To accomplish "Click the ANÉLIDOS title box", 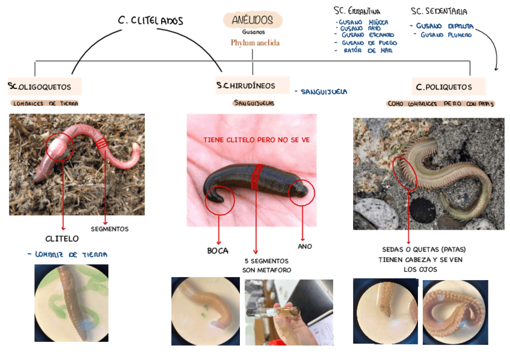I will click(x=253, y=20).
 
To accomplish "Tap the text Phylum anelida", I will click(x=255, y=43).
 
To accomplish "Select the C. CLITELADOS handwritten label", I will click(x=150, y=21).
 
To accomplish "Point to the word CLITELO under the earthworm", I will click(x=62, y=239).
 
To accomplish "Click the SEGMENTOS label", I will click(x=109, y=229).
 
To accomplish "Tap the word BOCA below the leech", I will click(x=218, y=251).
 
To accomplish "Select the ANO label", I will click(x=304, y=246).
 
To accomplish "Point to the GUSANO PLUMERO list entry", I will click(x=446, y=35).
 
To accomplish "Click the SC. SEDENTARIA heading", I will click(x=439, y=11).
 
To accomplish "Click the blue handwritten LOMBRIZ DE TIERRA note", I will click(x=67, y=255).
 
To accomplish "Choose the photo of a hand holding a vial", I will click(x=289, y=311).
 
